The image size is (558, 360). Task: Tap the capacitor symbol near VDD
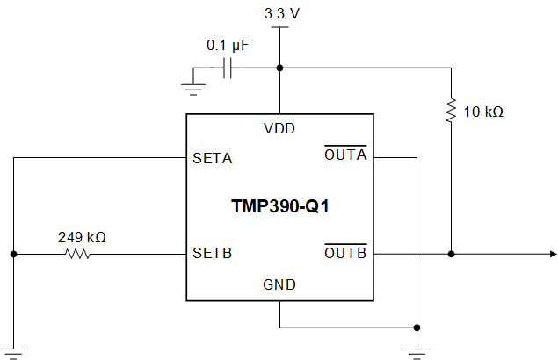[228, 68]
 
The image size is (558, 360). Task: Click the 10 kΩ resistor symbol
[451, 112]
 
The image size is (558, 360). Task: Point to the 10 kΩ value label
[484, 112]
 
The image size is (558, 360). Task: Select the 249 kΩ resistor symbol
[77, 255]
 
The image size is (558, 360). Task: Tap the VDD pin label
[279, 128]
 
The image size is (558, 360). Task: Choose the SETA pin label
[212, 159]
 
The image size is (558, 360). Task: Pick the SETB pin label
[212, 255]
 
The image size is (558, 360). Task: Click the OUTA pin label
[345, 156]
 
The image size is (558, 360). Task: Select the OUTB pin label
[345, 254]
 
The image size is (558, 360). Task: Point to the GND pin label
[279, 284]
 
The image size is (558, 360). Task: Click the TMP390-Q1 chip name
[279, 206]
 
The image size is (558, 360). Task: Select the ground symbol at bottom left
[13, 351]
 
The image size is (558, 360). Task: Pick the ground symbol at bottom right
[418, 351]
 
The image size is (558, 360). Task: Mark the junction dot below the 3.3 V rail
[279, 68]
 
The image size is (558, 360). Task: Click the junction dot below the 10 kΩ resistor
[451, 255]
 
